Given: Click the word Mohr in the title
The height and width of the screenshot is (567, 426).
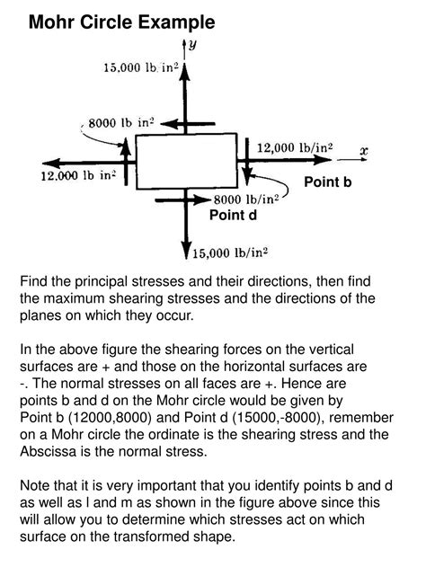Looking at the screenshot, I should coord(51,21).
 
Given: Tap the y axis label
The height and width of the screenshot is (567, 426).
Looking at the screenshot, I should coord(192,42).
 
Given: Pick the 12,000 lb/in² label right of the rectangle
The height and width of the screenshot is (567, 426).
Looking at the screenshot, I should coord(295,146).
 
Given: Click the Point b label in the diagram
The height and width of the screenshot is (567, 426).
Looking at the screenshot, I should coord(327,182).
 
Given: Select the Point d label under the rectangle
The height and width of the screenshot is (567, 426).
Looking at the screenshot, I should coord(233,215).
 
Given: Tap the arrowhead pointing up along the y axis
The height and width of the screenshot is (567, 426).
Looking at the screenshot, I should coord(185,73).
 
